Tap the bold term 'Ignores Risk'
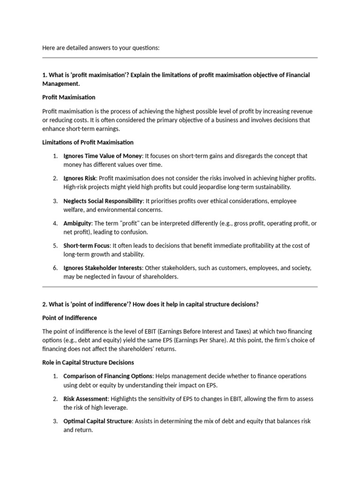click(80, 178)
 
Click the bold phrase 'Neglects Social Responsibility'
click(103, 201)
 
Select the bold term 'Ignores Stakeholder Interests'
click(103, 268)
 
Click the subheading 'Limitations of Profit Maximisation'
click(88, 142)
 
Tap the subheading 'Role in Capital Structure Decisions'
click(88, 362)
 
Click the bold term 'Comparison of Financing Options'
click(108, 376)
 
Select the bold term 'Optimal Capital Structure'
click(97, 421)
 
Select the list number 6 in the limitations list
click(55, 268)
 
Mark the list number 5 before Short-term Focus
click(55, 246)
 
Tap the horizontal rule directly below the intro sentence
click(180, 58)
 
